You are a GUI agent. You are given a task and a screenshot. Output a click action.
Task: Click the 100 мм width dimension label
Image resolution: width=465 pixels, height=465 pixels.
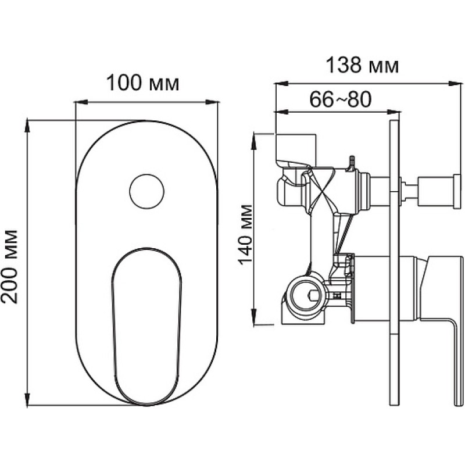pyautogui.click(x=142, y=83)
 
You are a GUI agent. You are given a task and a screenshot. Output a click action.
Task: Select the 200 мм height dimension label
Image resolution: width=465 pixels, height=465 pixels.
pyautogui.click(x=9, y=266)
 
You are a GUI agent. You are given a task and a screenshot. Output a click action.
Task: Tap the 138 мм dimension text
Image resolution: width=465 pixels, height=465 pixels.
pyautogui.click(x=362, y=65)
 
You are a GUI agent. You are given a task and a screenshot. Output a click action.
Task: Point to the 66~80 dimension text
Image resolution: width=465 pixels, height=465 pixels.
pyautogui.click(x=340, y=99)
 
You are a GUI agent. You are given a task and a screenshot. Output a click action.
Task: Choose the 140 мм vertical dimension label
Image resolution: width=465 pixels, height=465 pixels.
pyautogui.click(x=245, y=235)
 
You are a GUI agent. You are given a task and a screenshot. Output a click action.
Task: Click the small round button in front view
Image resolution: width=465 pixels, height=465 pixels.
pyautogui.click(x=147, y=191)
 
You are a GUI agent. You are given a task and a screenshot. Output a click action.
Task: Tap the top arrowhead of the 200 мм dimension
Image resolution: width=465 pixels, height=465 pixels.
pyautogui.click(x=27, y=126)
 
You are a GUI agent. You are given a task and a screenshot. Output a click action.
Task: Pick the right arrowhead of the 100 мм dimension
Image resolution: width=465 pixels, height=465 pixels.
pyautogui.click(x=212, y=102)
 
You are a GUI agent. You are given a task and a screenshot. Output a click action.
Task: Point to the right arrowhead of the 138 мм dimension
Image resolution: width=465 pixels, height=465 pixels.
pyautogui.click(x=456, y=84)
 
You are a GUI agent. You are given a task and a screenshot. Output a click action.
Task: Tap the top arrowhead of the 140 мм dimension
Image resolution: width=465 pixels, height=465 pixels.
pyautogui.click(x=254, y=141)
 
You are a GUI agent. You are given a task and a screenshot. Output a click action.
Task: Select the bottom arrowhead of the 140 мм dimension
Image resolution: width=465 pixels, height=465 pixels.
pyautogui.click(x=254, y=317)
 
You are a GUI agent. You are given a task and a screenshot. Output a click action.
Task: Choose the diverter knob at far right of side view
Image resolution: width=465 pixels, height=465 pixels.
pyautogui.click(x=441, y=191)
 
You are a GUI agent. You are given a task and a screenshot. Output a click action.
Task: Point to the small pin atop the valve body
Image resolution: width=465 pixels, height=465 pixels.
pyautogui.click(x=352, y=163)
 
